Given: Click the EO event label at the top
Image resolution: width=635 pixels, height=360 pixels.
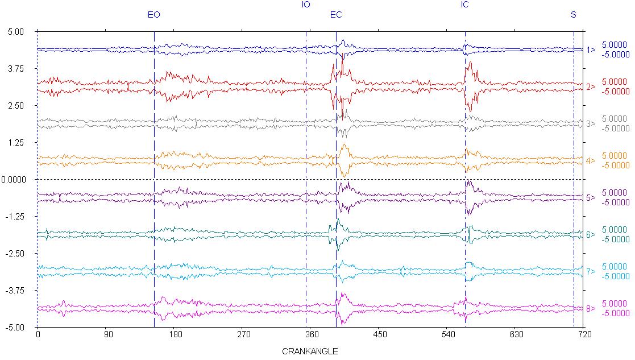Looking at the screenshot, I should coord(153,15).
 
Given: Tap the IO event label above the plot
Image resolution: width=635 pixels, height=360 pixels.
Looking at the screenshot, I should coord(306,5).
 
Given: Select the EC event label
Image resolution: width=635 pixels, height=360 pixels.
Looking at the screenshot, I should coord(336,15).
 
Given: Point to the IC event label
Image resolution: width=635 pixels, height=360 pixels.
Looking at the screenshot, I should coord(465,5).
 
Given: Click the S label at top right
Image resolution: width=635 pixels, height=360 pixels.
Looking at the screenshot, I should coord(573,15).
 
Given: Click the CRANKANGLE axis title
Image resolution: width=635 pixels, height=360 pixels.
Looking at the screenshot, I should coord(310,351).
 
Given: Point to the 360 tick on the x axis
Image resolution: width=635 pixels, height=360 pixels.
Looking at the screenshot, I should coord(310,335).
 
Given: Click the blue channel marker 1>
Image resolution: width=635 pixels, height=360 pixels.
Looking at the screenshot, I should coord(591,49).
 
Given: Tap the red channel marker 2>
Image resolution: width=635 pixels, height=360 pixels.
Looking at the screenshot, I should coord(591,86).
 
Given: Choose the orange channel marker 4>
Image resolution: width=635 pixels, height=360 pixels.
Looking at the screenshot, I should coord(591,160).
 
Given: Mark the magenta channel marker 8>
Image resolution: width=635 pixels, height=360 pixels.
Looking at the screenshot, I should coord(591,309).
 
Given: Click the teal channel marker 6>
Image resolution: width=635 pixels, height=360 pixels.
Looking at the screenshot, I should coord(591,234).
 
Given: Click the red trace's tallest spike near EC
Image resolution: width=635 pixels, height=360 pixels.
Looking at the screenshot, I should coord(342,60).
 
